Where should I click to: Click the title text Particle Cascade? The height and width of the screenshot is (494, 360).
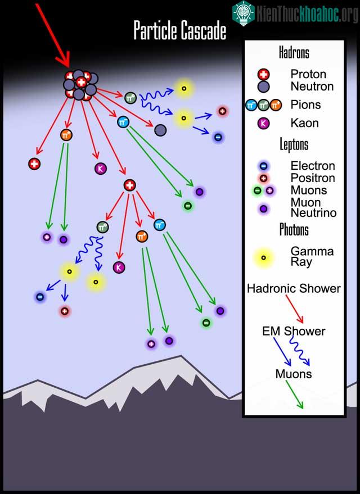coord(179,30)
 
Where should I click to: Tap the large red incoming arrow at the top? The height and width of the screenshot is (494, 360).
coord(53,35)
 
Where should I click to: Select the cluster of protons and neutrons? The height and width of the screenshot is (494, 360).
coord(80,85)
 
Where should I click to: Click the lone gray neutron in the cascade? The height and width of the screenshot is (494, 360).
coord(160,130)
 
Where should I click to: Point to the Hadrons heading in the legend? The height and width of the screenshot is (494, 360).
coord(294,52)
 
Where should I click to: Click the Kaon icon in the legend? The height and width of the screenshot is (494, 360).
coord(264,123)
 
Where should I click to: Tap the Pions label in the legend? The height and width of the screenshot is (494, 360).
coord(305,105)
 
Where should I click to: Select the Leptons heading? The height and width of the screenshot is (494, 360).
coord(294,144)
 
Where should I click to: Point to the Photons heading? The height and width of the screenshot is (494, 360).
coord(294,229)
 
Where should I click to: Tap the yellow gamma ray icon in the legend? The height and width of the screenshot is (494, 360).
coord(264,258)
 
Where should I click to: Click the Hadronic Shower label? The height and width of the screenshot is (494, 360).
coord(294,288)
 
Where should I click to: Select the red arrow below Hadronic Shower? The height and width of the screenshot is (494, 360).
coord(294,309)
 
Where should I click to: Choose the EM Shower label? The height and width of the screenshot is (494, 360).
coord(294,331)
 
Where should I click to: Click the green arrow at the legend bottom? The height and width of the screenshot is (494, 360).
coord(294,395)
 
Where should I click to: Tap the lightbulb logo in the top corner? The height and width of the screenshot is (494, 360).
coord(244,13)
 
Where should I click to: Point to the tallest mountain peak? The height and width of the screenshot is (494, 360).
coord(181,357)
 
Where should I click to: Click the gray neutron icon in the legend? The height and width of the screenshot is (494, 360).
coord(264,87)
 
